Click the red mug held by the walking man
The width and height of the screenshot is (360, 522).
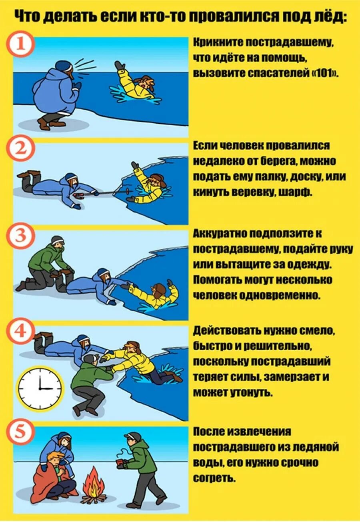pyautogui.click(x=121, y=465)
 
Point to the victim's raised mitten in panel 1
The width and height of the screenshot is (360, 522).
pyautogui.click(x=119, y=65)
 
